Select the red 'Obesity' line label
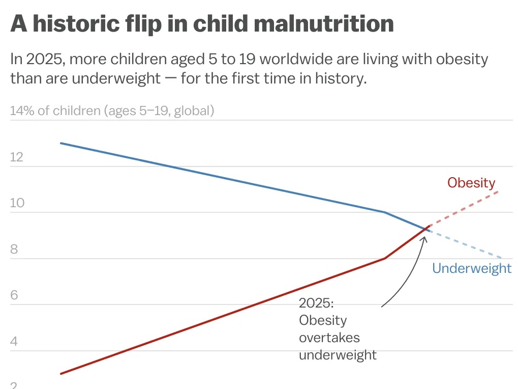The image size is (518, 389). (x=471, y=183)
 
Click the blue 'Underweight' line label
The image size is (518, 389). (x=471, y=268)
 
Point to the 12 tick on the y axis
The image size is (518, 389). (x=17, y=157)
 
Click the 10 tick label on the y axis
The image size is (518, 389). (x=17, y=203)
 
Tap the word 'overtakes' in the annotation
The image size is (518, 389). (x=329, y=338)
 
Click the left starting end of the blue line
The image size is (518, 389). (x=61, y=143)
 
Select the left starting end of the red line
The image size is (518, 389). (x=61, y=374)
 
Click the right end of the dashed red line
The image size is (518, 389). (x=498, y=191)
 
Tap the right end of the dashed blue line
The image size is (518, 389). (x=502, y=258)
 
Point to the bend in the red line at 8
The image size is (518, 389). (x=385, y=259)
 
